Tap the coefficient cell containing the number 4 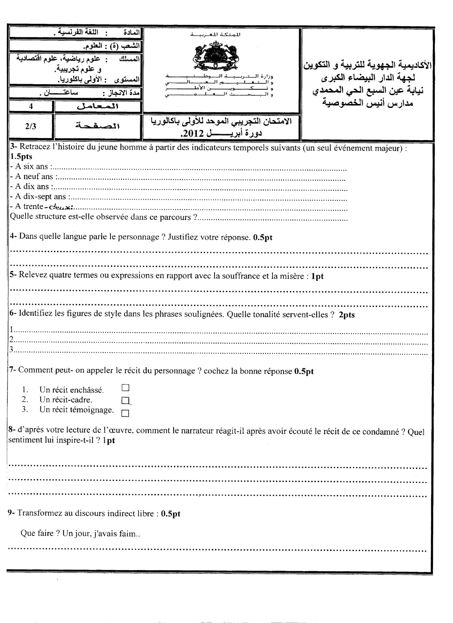31,106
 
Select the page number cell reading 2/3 31,127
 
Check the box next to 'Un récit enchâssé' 125,388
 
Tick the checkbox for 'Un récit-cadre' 125,400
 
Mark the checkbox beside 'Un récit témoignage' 125,413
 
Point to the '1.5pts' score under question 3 21,157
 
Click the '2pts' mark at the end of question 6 347,315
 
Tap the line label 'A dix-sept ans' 40,197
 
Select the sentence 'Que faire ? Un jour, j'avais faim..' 80,533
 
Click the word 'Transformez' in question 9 38,513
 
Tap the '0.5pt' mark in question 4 263,238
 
